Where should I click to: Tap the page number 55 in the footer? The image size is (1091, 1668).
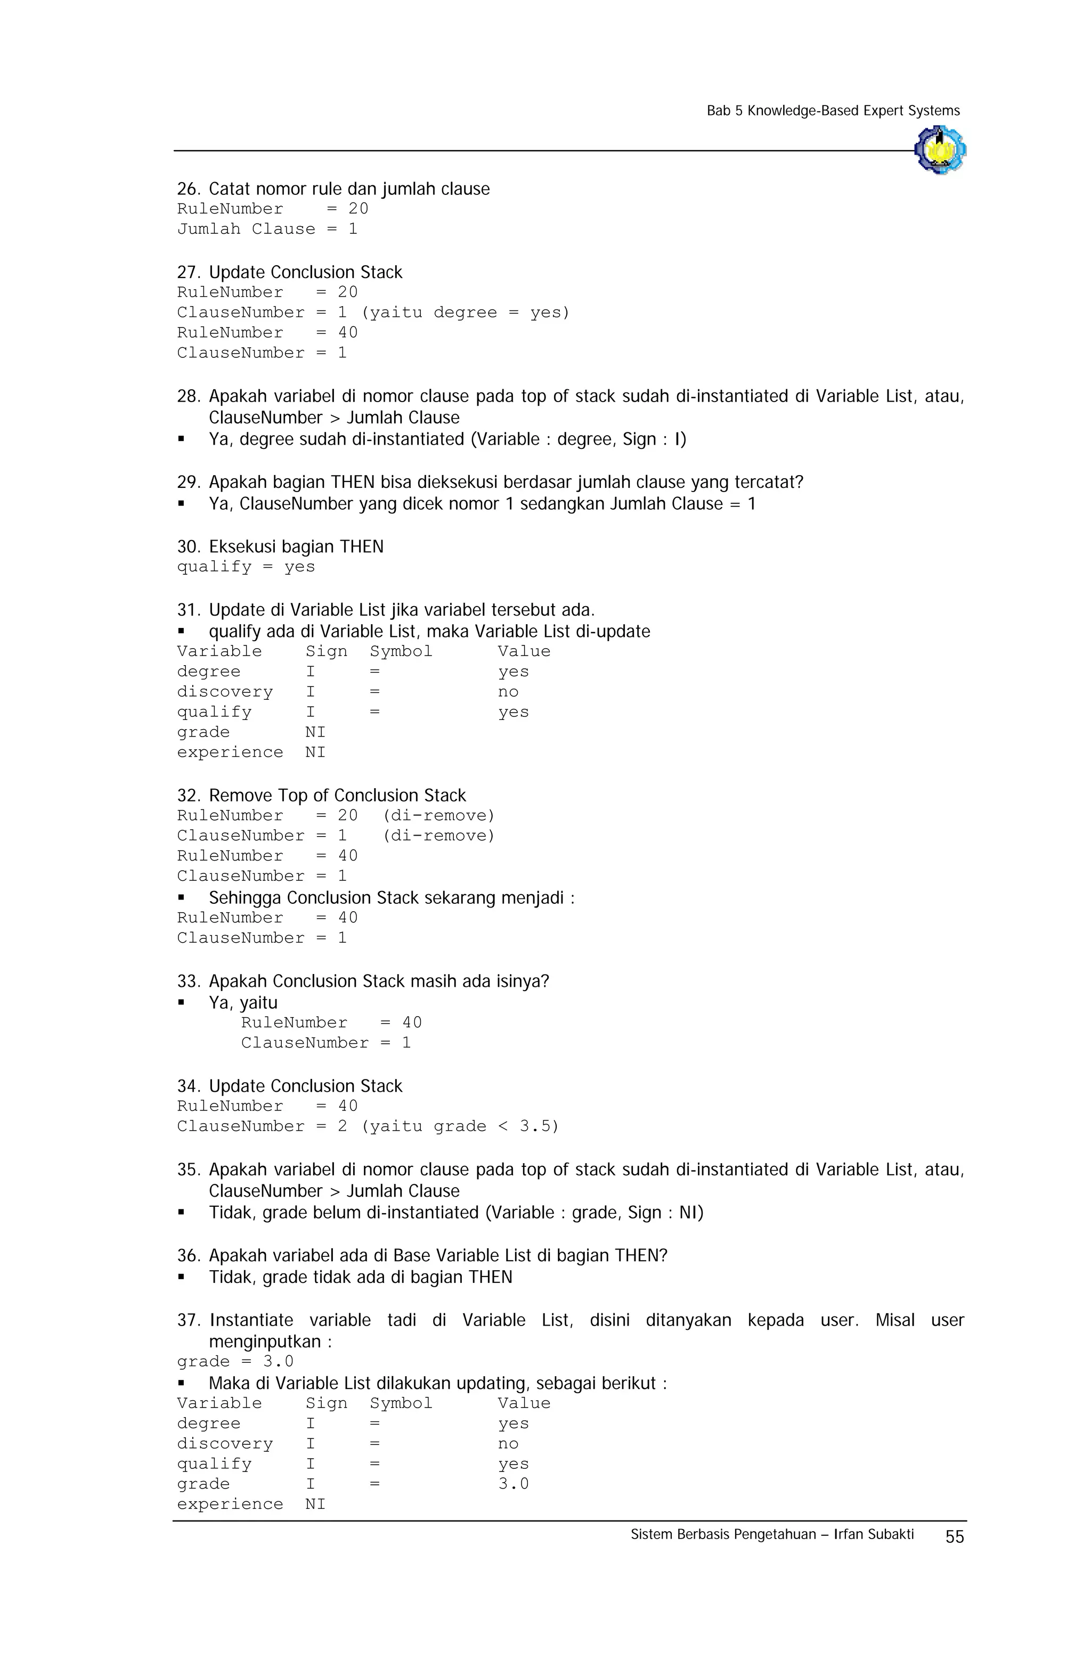pos(954,1536)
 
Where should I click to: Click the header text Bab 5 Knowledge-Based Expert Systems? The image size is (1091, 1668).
pos(833,111)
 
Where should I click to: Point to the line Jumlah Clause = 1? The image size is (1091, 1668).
pos(266,229)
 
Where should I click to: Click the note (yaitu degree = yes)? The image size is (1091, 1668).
pos(465,313)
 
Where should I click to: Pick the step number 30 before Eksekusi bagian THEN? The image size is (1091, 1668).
pos(188,546)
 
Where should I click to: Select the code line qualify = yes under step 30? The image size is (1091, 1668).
pos(246,567)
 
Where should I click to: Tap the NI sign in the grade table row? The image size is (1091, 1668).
pos(315,732)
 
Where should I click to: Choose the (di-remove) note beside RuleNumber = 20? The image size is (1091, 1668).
pos(439,816)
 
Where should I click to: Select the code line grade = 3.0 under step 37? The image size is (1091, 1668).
pos(235,1361)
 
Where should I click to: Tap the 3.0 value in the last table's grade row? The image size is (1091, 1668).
pos(513,1484)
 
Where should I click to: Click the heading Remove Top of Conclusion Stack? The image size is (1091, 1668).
pos(337,796)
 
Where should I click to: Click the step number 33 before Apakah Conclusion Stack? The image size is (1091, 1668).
pos(188,981)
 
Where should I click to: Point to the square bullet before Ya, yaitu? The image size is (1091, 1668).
pos(181,1003)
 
